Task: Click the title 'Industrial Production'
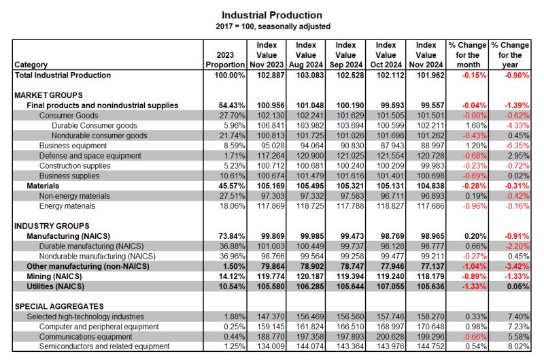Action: click(272, 15)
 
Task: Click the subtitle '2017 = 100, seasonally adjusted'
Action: click(273, 27)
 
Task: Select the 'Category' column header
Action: click(31, 65)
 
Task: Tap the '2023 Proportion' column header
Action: click(225, 60)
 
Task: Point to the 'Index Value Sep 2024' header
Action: click(346, 55)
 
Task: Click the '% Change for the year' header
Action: click(510, 55)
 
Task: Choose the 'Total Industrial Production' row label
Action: click(63, 76)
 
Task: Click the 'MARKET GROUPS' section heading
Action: click(48, 95)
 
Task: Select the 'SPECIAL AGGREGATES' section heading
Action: click(59, 306)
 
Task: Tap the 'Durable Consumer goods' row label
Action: click(95, 126)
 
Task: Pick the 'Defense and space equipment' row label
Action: click(90, 156)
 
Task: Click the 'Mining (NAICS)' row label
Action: click(54, 277)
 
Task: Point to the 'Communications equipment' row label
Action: click(86, 337)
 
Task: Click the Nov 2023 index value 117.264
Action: click(271, 156)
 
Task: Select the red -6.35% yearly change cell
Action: click(517, 146)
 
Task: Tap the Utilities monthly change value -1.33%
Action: click(474, 287)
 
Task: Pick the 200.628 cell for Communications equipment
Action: click(390, 337)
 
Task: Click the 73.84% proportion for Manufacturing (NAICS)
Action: click(232, 236)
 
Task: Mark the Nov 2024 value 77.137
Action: click(430, 267)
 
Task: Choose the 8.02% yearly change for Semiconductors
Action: click(518, 346)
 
